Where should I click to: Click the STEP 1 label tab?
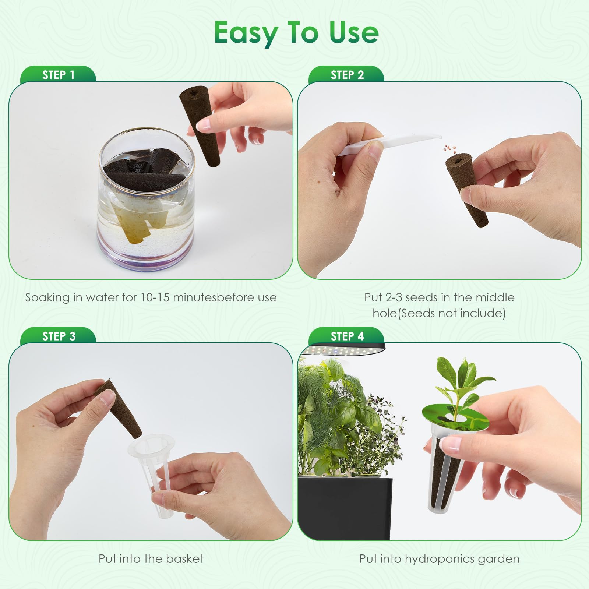(58, 74)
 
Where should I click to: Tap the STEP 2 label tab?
(347, 74)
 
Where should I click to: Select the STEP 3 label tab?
(58, 336)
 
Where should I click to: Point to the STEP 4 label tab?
(347, 336)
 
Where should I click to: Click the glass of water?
(146, 199)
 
